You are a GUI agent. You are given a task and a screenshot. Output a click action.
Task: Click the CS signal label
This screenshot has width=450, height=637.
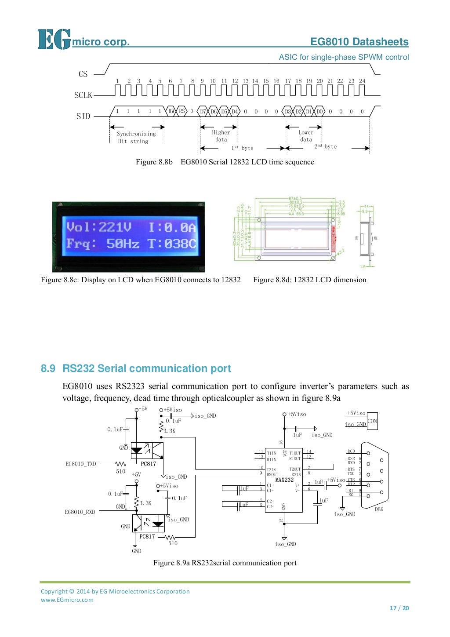click(83, 74)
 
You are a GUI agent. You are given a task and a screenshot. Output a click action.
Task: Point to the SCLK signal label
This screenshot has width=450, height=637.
click(83, 95)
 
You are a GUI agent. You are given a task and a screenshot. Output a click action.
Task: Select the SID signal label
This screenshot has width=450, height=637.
click(83, 116)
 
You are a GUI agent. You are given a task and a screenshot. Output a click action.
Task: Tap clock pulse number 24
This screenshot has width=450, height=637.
click(362, 81)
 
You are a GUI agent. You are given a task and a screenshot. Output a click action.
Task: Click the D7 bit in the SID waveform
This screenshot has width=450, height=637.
click(203, 112)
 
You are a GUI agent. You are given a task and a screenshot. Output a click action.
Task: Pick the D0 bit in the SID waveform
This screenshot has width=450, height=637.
click(319, 112)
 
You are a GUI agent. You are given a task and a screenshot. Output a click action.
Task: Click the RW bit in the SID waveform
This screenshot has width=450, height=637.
click(171, 111)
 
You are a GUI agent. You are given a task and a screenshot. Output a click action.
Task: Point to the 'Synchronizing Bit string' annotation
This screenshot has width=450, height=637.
click(136, 138)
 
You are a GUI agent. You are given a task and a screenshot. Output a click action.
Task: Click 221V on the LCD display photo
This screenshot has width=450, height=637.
click(115, 227)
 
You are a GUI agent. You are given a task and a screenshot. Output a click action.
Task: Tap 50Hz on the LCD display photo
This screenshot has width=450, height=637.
click(123, 244)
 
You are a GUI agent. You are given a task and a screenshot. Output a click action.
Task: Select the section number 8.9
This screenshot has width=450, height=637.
click(48, 368)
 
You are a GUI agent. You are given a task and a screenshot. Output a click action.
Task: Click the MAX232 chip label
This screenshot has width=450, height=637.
click(284, 480)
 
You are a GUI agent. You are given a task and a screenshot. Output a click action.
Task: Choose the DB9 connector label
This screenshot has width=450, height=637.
click(379, 510)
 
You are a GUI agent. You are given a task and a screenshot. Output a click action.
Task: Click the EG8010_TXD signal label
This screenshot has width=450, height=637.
click(81, 464)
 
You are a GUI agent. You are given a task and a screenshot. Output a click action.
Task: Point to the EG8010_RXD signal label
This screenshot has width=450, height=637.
click(80, 512)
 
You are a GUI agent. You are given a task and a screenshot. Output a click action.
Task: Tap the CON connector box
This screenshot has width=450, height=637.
click(372, 421)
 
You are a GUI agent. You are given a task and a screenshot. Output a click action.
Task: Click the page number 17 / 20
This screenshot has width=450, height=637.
click(399, 608)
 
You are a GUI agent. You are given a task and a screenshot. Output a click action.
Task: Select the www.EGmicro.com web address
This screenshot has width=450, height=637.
click(67, 600)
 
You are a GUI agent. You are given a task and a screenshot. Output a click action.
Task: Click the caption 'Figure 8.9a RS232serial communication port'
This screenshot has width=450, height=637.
click(225, 563)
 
